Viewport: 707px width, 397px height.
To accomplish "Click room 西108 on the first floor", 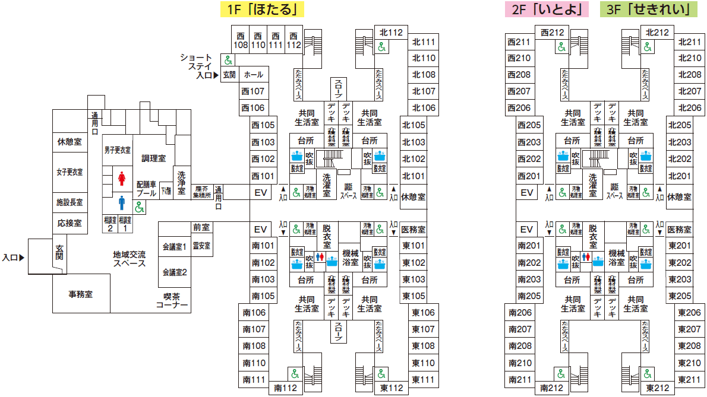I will [x=241, y=40].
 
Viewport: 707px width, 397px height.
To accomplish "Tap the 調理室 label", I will [x=153, y=158].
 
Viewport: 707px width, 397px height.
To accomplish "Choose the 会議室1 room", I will [x=174, y=246].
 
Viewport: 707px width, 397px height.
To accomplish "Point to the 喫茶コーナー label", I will [x=172, y=301].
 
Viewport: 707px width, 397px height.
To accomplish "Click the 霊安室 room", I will [x=201, y=245].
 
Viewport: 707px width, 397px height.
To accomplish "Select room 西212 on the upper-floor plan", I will [x=552, y=33].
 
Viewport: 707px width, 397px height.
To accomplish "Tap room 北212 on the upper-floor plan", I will [x=657, y=33].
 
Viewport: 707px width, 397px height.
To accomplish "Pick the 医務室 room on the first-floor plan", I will [x=413, y=230].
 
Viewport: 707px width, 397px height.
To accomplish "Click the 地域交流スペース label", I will [x=130, y=258].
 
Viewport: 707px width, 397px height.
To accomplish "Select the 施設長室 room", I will [x=70, y=202].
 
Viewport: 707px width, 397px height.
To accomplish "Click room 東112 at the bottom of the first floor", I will [x=392, y=388].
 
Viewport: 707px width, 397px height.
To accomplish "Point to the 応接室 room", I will [x=70, y=223].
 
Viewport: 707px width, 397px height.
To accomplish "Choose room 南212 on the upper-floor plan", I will [x=551, y=388].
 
